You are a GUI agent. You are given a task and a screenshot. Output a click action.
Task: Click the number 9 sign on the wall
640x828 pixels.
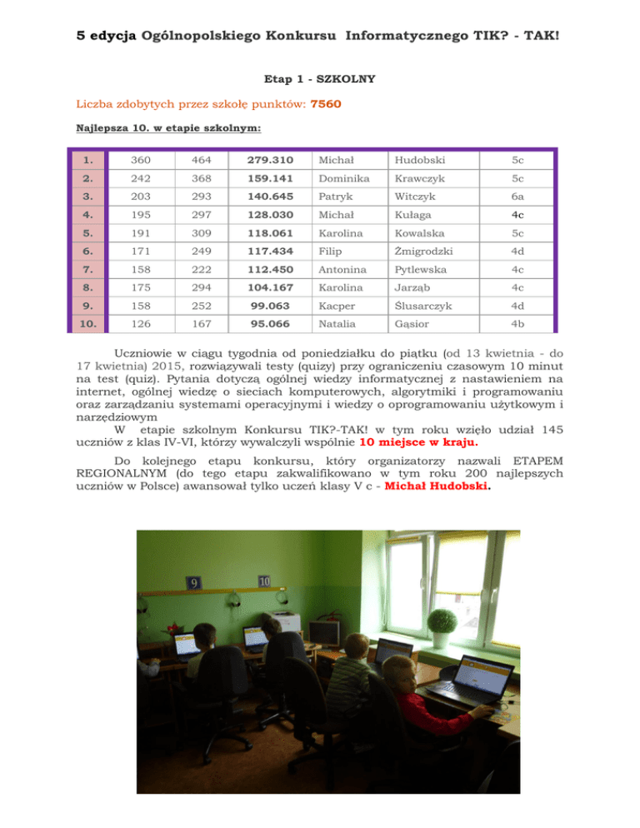point(192,583)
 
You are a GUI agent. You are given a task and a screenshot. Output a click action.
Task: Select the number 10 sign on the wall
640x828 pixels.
point(263,580)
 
